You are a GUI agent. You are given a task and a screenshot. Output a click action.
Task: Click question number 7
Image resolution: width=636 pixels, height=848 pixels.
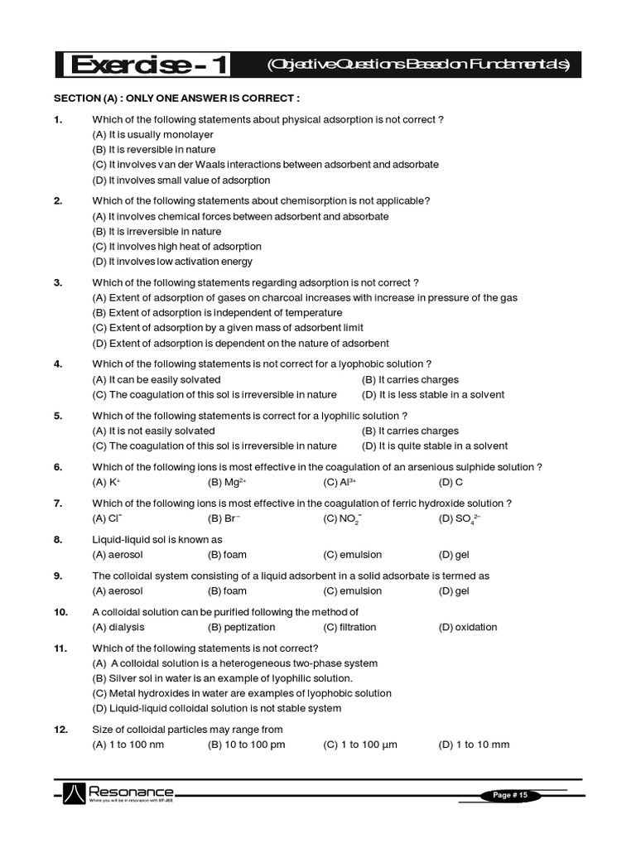58,503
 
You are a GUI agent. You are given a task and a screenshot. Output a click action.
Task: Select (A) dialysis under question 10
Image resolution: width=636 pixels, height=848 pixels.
118,627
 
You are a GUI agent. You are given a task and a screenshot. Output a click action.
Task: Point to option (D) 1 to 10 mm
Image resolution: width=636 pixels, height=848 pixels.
474,744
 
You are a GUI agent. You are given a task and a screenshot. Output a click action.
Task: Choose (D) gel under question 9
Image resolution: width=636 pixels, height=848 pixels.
454,591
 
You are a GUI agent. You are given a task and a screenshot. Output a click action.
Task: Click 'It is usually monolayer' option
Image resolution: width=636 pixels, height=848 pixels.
152,134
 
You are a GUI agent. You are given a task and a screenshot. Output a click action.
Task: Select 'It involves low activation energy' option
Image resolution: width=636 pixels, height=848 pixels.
172,262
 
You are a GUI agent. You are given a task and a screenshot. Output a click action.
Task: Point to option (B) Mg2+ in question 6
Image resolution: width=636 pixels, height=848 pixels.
227,482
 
